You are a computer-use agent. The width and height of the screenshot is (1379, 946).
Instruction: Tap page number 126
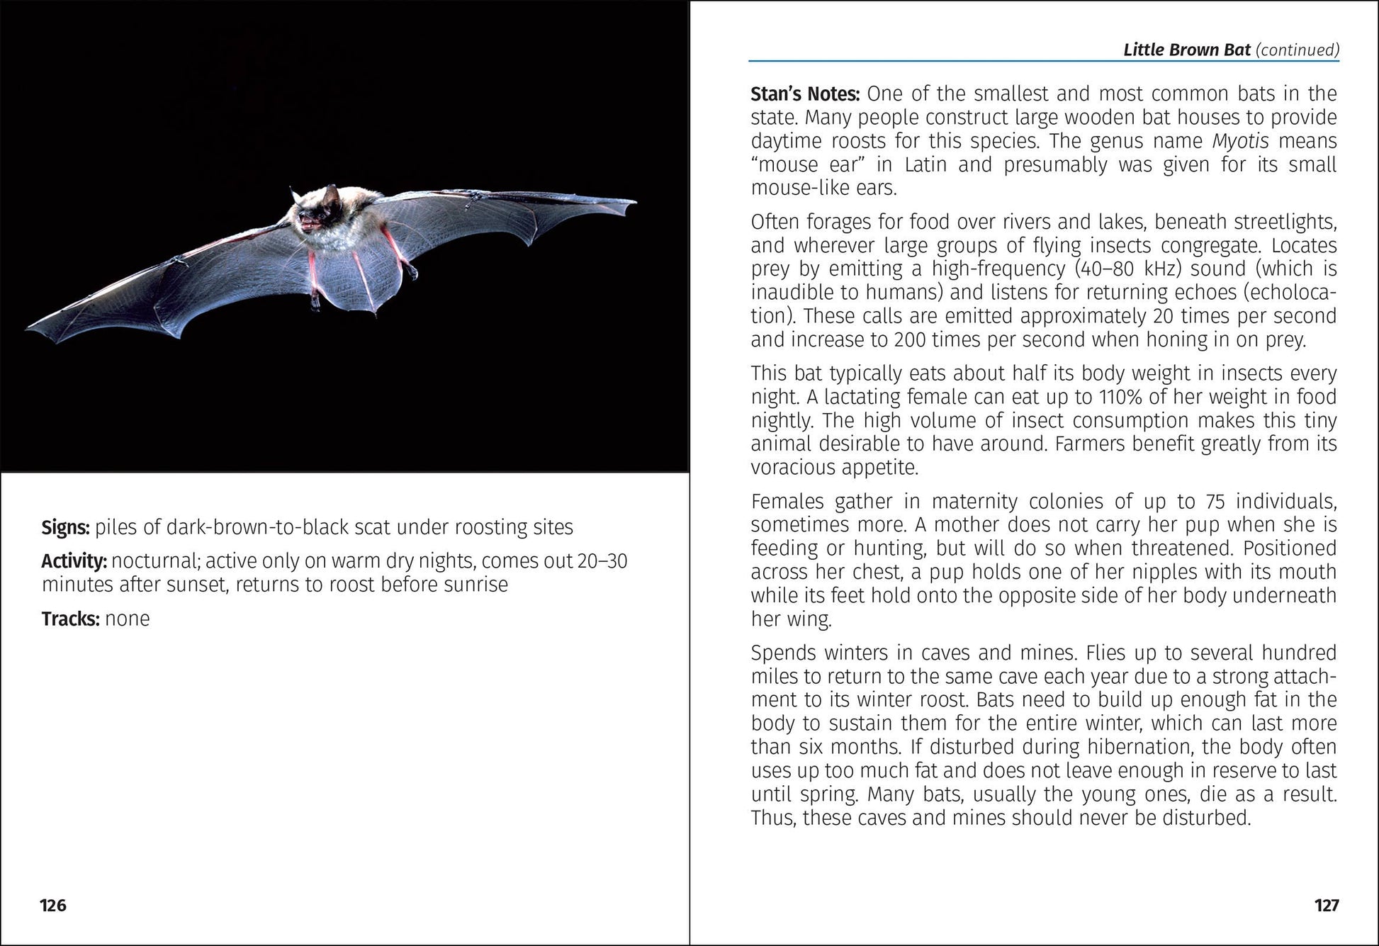[x=53, y=906]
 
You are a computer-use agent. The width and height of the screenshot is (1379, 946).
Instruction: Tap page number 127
[x=1327, y=906]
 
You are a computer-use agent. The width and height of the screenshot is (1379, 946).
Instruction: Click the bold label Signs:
[x=65, y=528]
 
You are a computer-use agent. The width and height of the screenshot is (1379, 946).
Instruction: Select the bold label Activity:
[x=74, y=561]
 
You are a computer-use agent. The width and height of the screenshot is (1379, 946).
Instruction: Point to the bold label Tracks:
[x=70, y=619]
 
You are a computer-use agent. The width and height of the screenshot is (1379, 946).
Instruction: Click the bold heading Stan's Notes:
[x=805, y=94]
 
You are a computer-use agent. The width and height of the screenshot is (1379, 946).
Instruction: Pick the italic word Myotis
[x=1240, y=141]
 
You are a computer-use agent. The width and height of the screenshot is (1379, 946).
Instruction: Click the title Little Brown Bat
[x=1187, y=50]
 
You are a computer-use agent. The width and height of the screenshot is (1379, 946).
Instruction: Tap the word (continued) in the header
[x=1298, y=50]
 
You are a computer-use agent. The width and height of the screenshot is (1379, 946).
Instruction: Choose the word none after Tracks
[x=128, y=619]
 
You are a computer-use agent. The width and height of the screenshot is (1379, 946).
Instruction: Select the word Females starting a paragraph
[x=787, y=502]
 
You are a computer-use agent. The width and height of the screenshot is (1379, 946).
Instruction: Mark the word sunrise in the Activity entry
[x=475, y=585]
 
